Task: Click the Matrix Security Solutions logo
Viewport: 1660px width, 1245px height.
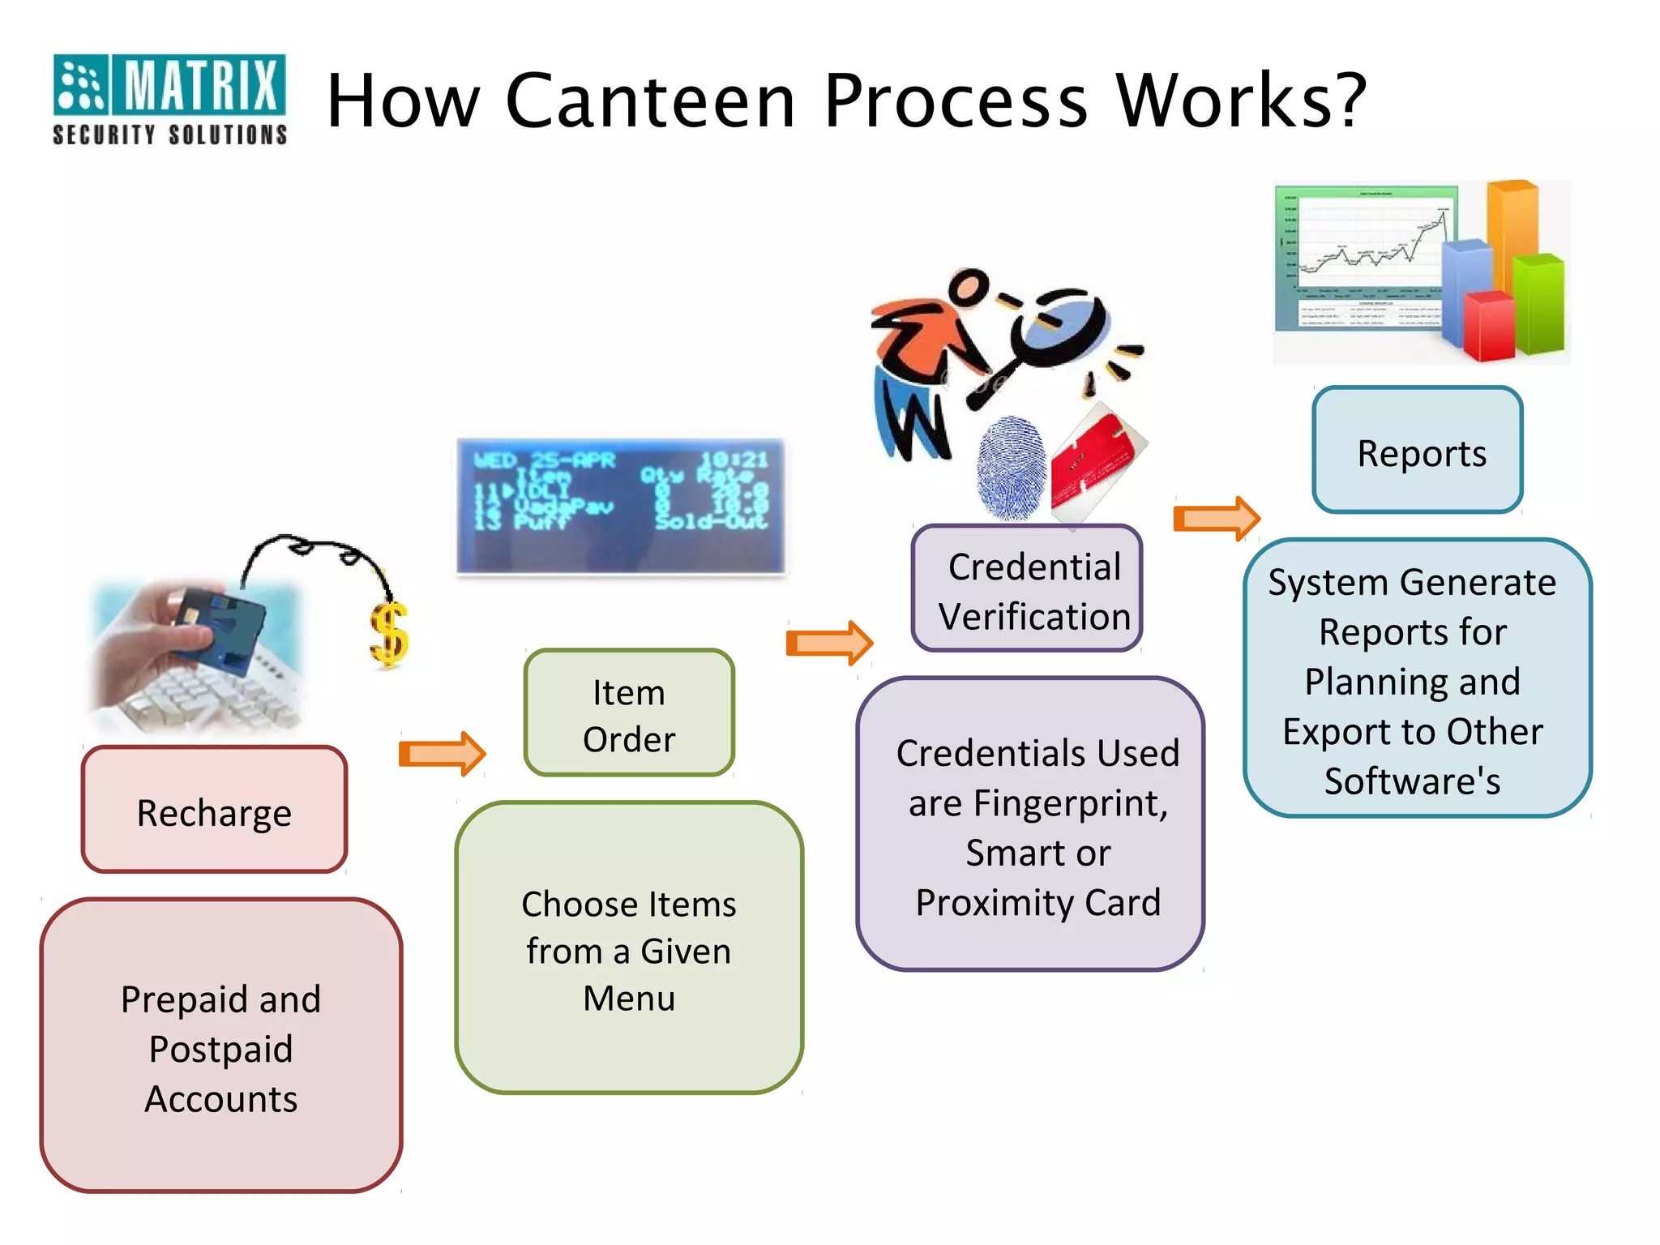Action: pos(169,99)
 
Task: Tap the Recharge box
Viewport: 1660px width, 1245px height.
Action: pos(214,810)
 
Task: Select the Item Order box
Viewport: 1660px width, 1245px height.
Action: pos(629,713)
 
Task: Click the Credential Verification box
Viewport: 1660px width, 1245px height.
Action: pos(1027,589)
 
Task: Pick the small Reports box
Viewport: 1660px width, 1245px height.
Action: pos(1418,451)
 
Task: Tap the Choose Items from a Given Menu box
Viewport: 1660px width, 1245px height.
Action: pos(629,948)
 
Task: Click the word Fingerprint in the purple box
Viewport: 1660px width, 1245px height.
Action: pos(1070,803)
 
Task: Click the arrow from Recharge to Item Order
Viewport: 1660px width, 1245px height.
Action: pos(442,754)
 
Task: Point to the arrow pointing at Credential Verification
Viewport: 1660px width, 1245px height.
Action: pos(829,643)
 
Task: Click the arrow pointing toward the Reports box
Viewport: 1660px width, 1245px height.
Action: pos(1216,518)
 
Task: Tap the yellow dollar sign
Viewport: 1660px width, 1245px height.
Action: pos(390,635)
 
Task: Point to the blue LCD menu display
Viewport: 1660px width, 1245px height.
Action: pos(621,506)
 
